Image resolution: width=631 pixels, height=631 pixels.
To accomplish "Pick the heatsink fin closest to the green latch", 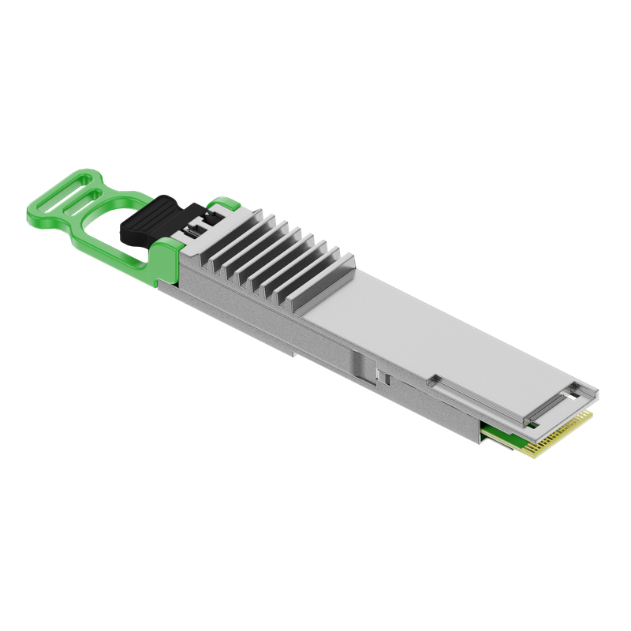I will pos(207,237).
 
